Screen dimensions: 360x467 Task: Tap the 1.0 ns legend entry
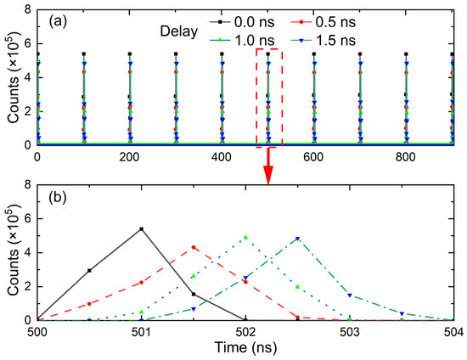(x=247, y=39)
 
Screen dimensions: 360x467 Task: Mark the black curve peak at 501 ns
(x=141, y=229)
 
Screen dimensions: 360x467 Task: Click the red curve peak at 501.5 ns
(x=194, y=248)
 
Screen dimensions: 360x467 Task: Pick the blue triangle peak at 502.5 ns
(x=298, y=239)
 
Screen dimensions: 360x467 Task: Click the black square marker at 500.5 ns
(x=89, y=271)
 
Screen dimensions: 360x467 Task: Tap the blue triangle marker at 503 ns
(x=350, y=295)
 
